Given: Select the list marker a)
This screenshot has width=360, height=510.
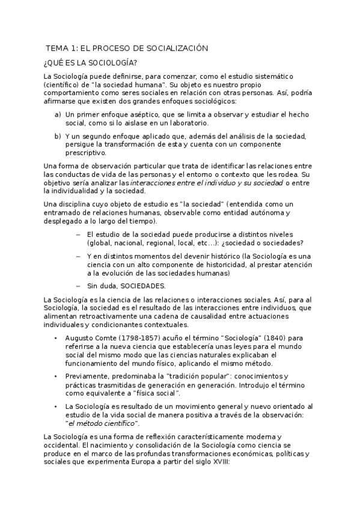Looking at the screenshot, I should tap(58, 114).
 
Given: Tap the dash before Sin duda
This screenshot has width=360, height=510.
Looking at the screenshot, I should tap(78, 286).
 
